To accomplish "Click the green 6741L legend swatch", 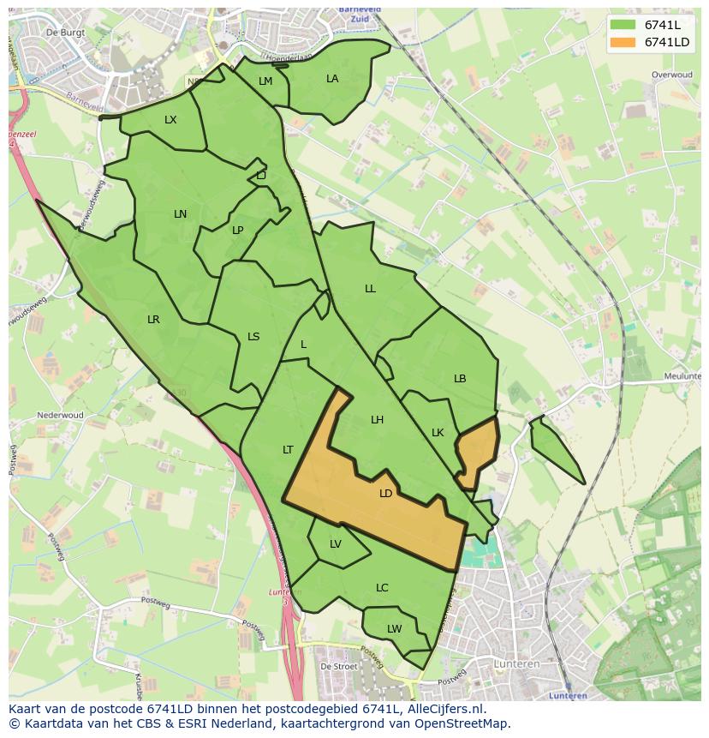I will (x=623, y=25).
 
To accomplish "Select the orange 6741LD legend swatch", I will (x=623, y=42).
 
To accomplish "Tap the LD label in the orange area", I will (x=385, y=494).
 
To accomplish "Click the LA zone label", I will (x=332, y=79).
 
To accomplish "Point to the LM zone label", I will (x=265, y=81).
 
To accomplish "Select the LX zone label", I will (x=170, y=120).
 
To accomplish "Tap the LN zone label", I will (x=180, y=214).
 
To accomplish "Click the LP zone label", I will (x=237, y=231).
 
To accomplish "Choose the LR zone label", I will (x=153, y=320).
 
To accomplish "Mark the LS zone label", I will (x=253, y=337).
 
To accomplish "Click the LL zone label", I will (x=370, y=289).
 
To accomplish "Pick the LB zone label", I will (x=460, y=379).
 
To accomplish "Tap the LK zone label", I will (x=438, y=433).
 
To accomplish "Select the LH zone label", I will (x=377, y=420).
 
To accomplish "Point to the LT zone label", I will (x=288, y=450).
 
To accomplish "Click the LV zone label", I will (x=336, y=544).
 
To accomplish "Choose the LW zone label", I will (x=394, y=629).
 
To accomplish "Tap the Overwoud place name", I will (x=671, y=75).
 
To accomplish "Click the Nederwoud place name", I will (x=60, y=416).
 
